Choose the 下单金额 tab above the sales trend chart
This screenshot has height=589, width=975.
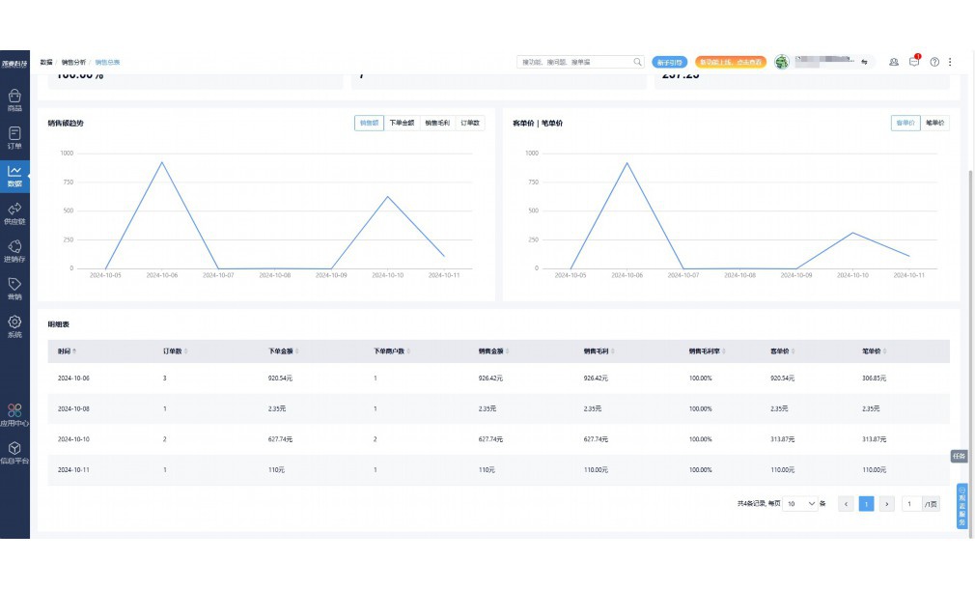point(402,123)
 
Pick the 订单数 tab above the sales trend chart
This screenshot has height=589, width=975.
point(470,123)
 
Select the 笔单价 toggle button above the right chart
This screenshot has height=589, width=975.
point(935,123)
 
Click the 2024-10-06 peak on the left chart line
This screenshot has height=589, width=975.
point(161,162)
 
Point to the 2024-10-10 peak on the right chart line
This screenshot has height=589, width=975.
point(852,233)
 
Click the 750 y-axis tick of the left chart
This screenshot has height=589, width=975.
point(67,182)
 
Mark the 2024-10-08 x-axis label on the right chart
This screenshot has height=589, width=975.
point(740,275)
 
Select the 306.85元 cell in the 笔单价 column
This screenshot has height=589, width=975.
point(874,379)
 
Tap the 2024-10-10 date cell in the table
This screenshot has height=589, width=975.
point(73,439)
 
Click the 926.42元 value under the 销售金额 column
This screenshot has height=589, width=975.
point(491,379)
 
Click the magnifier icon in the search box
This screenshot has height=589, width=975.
point(637,62)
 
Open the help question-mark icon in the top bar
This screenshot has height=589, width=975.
point(934,62)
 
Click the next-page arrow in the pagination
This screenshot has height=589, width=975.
point(887,504)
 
